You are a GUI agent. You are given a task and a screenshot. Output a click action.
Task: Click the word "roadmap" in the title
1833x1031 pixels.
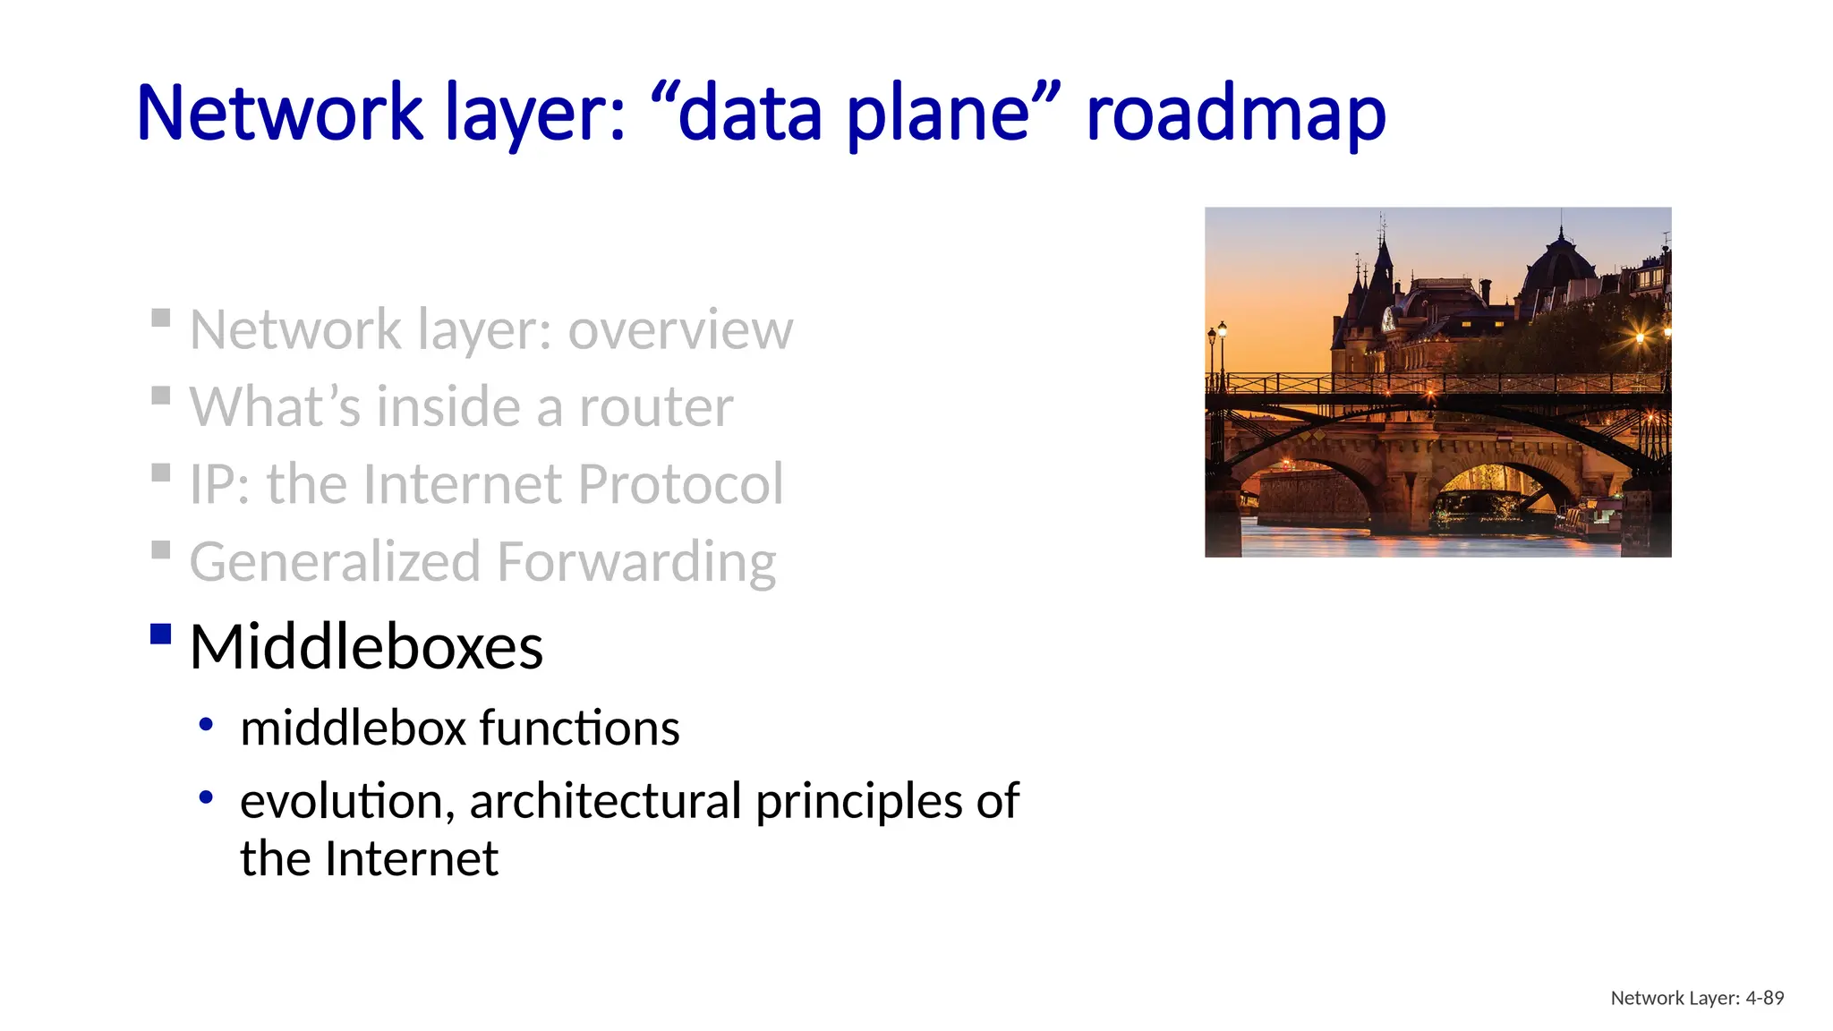coord(1235,113)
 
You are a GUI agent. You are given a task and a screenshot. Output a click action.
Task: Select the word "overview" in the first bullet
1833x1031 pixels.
coord(680,330)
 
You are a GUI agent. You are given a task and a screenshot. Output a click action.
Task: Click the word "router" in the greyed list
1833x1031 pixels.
coord(656,407)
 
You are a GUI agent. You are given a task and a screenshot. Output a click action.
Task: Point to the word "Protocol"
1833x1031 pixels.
coord(680,484)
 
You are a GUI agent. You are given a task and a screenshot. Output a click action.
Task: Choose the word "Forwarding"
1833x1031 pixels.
coord(635,562)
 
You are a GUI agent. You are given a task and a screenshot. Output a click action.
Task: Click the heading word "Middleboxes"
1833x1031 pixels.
coord(366,646)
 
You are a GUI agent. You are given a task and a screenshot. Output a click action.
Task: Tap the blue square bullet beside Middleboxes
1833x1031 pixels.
coord(161,634)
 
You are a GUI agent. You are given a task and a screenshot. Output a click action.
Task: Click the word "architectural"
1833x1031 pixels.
coord(606,800)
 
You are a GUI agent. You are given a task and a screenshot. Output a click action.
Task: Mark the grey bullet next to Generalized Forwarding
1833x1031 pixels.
coord(161,550)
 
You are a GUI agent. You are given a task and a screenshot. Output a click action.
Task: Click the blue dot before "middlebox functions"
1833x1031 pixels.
coord(207,723)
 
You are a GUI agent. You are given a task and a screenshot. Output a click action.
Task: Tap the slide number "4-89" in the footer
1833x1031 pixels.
coord(1764,998)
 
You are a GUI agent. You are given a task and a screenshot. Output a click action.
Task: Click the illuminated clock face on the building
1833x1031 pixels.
coord(1388,318)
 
